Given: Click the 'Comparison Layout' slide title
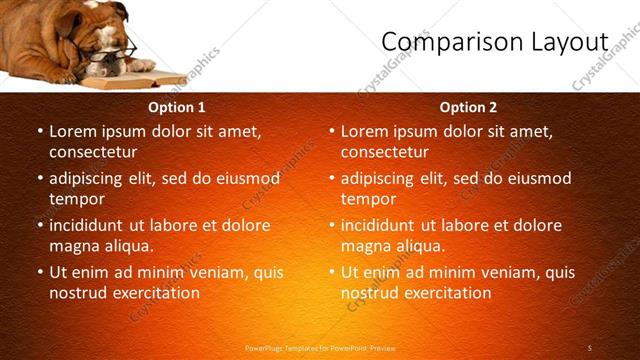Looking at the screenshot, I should click(495, 41).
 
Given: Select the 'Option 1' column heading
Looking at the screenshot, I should click(177, 107).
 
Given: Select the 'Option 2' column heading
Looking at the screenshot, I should click(468, 107).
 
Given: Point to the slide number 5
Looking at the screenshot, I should click(590, 347).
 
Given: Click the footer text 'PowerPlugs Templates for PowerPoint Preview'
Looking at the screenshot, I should click(321, 348).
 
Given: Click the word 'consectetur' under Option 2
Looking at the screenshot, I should click(384, 152).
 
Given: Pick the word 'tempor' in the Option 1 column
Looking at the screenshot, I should click(76, 199).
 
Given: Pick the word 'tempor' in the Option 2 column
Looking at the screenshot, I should click(368, 199).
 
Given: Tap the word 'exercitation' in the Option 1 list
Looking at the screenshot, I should click(155, 293).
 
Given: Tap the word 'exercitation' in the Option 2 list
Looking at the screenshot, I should click(447, 293).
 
